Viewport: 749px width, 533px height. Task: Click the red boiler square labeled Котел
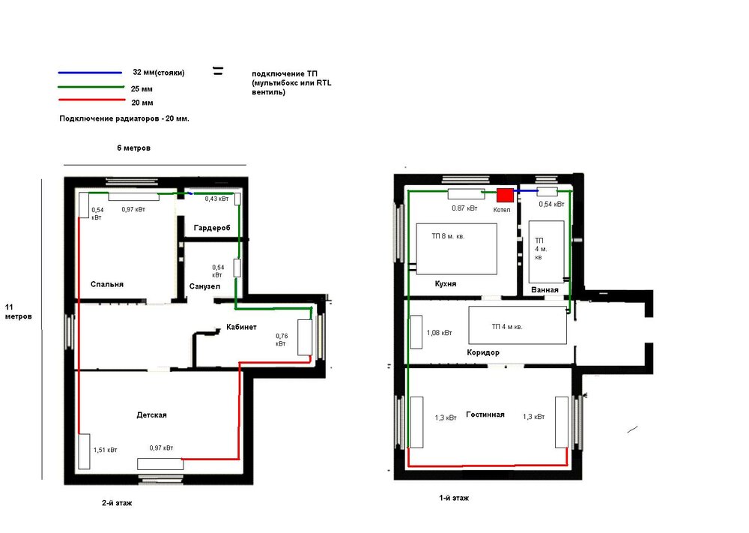point(505,195)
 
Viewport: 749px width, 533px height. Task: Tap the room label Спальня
point(107,284)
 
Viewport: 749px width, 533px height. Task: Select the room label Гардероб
point(212,228)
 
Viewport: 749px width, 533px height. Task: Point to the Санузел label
point(204,286)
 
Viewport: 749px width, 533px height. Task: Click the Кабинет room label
point(241,327)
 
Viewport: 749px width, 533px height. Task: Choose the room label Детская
point(151,415)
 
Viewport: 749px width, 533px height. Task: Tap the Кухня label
point(445,284)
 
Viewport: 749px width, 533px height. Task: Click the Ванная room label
point(545,290)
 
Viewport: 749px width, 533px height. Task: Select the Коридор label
point(483,353)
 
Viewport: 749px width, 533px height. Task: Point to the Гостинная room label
point(485,415)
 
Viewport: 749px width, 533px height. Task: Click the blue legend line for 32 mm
point(90,73)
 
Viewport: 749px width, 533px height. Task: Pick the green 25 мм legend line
point(91,87)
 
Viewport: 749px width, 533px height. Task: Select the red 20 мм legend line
point(91,100)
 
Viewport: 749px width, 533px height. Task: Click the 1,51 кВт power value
point(105,450)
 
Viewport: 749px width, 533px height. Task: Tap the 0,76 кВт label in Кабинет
point(282,340)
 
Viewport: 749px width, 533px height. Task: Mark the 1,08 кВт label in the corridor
point(439,333)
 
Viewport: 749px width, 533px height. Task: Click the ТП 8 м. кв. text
point(448,236)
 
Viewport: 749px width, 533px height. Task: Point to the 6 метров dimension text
point(133,148)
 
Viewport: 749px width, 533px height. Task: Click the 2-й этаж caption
point(117,503)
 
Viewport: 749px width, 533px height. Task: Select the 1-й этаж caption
point(454,498)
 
